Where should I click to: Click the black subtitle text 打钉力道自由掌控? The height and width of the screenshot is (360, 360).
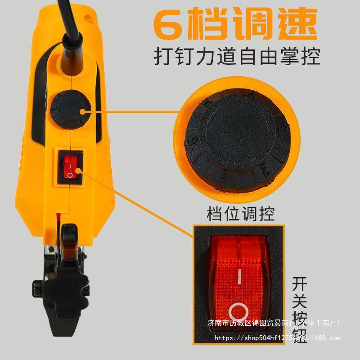(x=237, y=58)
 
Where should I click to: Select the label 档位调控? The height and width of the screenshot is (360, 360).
(x=240, y=214)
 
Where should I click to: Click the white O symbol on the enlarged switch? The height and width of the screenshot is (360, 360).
(x=238, y=311)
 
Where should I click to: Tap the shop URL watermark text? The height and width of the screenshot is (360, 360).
(x=277, y=337)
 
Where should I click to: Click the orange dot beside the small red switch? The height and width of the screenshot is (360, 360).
(x=78, y=170)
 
